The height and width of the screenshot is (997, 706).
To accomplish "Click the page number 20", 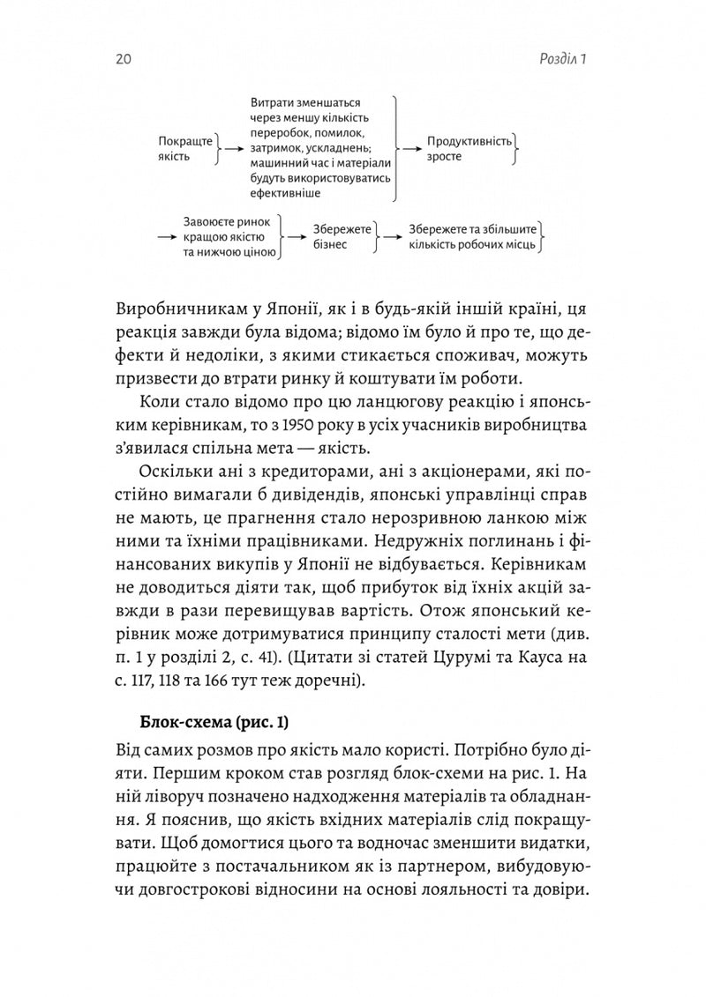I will pos(124,60).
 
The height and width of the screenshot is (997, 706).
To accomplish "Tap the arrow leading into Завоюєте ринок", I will pos(166,236).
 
